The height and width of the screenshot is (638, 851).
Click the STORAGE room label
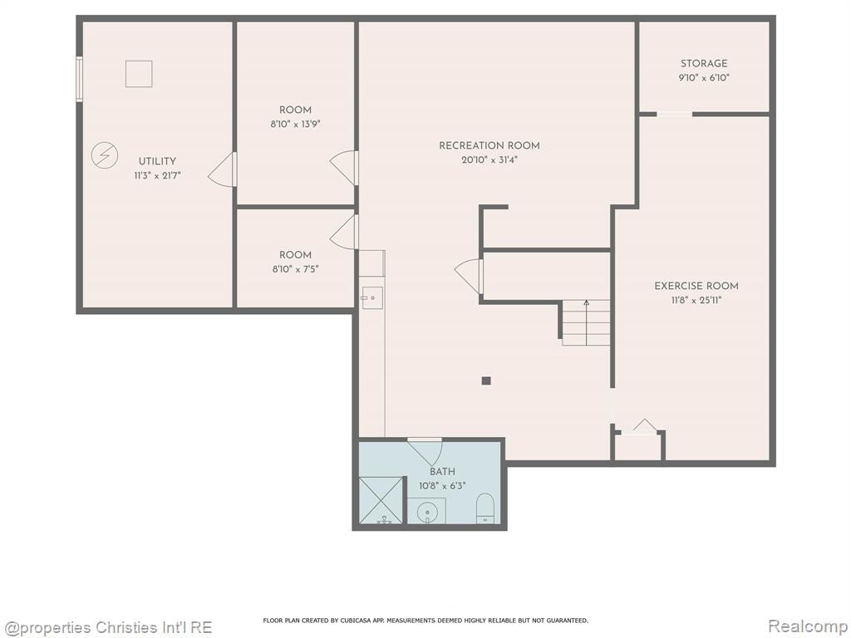[704, 63]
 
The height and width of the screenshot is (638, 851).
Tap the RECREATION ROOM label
[489, 145]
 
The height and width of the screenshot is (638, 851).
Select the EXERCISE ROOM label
[696, 286]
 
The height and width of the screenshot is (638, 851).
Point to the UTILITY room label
[157, 161]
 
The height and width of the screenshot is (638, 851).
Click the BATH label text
[442, 472]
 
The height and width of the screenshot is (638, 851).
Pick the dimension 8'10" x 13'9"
[296, 125]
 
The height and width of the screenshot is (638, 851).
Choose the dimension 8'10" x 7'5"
[296, 269]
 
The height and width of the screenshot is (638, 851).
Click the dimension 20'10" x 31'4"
[489, 160]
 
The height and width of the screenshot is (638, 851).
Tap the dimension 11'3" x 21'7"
[157, 176]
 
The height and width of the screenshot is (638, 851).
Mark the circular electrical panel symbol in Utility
[104, 155]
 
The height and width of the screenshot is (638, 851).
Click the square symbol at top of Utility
[139, 74]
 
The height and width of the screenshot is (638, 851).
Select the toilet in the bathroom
[485, 508]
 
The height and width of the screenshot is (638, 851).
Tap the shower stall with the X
[381, 501]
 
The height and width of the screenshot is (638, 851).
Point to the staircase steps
[586, 323]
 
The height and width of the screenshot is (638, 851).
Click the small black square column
[486, 380]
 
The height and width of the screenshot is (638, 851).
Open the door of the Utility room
[223, 169]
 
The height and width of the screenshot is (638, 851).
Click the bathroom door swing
[425, 451]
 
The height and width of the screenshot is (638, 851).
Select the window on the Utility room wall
[79, 79]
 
